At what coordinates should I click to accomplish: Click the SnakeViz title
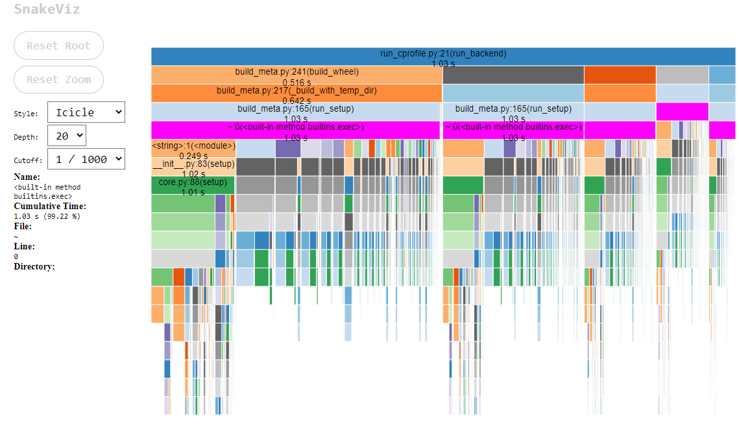47,10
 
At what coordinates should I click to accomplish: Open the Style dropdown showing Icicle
86,112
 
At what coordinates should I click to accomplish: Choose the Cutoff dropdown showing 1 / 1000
86,159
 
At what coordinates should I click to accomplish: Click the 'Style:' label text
26,114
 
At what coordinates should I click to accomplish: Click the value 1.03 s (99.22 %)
47,216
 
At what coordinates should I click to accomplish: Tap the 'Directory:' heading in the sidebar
34,266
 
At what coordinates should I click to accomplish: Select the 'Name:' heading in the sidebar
27,177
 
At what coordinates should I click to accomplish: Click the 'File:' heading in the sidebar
23,226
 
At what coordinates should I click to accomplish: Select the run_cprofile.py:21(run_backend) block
443,56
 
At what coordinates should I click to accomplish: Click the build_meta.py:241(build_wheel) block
297,75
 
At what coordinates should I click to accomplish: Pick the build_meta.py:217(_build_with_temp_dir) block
297,94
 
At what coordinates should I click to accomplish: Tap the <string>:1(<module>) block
193,149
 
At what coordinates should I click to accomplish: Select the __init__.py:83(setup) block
193,167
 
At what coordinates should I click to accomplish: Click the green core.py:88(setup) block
193,186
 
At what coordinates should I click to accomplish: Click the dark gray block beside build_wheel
513,75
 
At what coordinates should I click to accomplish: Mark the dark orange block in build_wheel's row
620,75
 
